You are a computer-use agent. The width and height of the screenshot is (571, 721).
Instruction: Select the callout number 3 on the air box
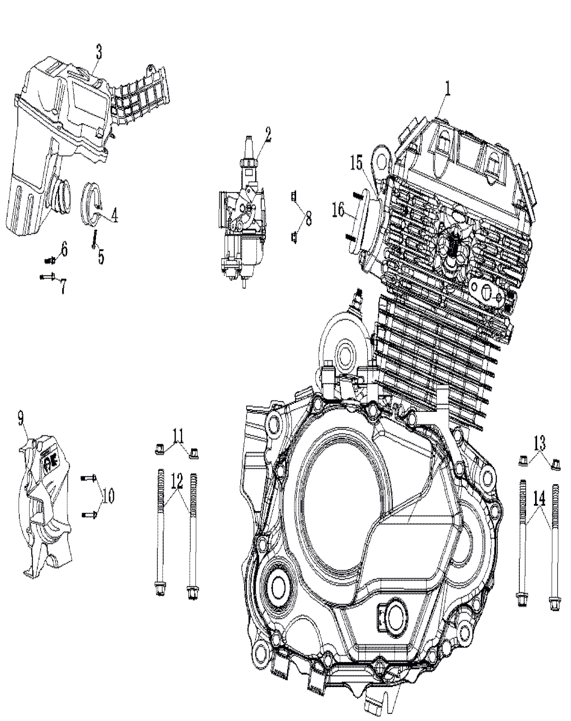[99, 52]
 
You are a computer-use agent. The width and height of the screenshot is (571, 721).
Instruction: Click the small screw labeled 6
[49, 260]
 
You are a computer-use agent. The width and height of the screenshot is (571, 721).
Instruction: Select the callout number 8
[308, 218]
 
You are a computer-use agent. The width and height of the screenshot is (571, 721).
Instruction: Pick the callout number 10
[108, 496]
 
